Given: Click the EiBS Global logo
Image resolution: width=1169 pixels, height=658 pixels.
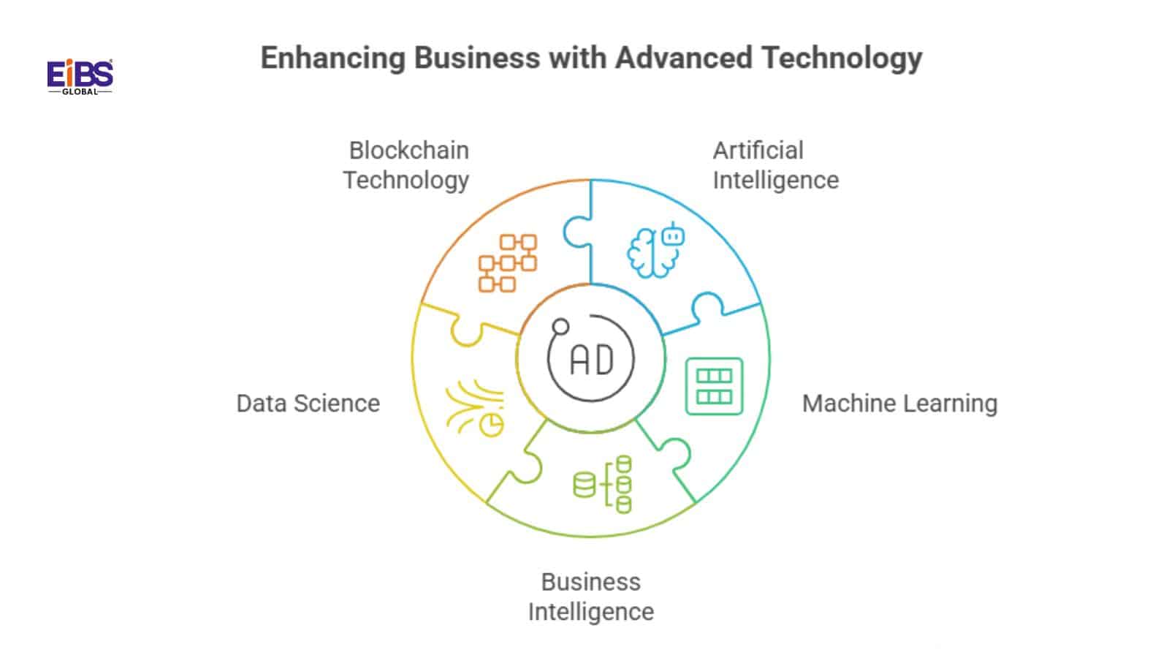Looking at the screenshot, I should pos(80,77).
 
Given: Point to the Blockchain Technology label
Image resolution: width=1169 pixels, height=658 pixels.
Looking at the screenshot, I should pos(407,165).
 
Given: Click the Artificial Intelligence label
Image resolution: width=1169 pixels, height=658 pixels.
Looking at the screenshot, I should pos(775,165).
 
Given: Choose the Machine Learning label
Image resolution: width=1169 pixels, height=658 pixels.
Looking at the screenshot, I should pos(899,404).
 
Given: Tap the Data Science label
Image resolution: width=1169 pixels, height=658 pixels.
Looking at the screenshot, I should pos(308,404).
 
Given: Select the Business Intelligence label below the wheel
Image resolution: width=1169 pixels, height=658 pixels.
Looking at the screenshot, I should pos(590,597).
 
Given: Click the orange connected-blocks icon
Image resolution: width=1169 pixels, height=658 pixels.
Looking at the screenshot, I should pos(508,263).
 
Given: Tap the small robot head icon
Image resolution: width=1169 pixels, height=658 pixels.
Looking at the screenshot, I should pos(672,236).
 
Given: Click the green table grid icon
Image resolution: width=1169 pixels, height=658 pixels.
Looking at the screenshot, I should pos(714,386).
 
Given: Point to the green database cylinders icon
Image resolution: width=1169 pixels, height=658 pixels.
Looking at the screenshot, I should pos(603,484).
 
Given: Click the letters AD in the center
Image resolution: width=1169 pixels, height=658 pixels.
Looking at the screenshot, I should pos(591,360).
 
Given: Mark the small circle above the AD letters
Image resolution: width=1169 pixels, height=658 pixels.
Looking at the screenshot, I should pos(560,326).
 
